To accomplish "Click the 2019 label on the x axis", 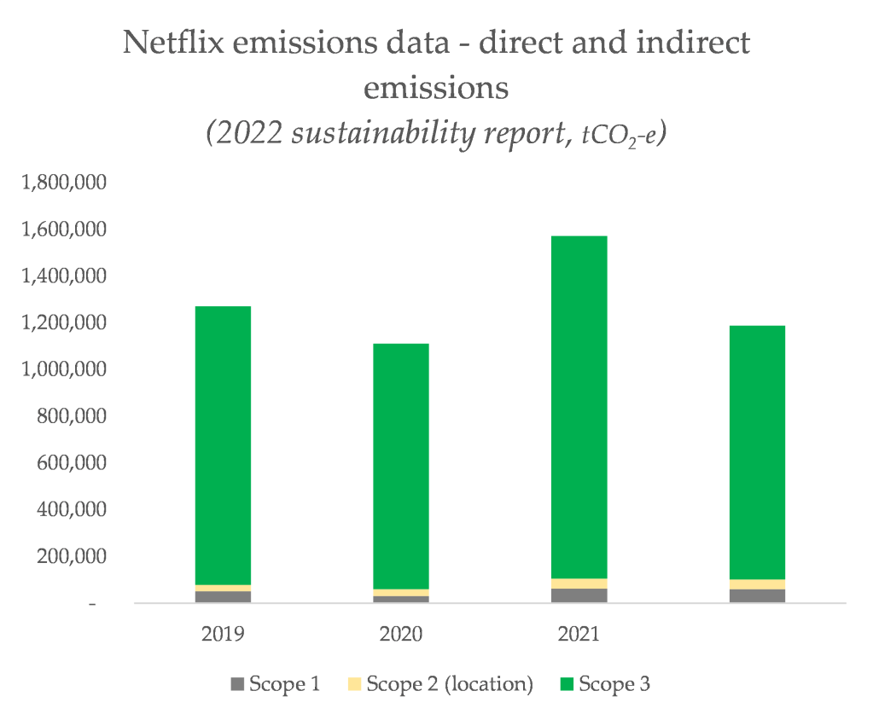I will pyautogui.click(x=223, y=635).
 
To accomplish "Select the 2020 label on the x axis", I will pyautogui.click(x=401, y=635).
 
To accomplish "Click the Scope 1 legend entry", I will pyautogui.click(x=275, y=684).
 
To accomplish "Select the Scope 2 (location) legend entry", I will pyautogui.click(x=440, y=684).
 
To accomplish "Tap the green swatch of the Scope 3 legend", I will pyautogui.click(x=567, y=684).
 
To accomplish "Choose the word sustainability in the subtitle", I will pyautogui.click(x=374, y=135).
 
